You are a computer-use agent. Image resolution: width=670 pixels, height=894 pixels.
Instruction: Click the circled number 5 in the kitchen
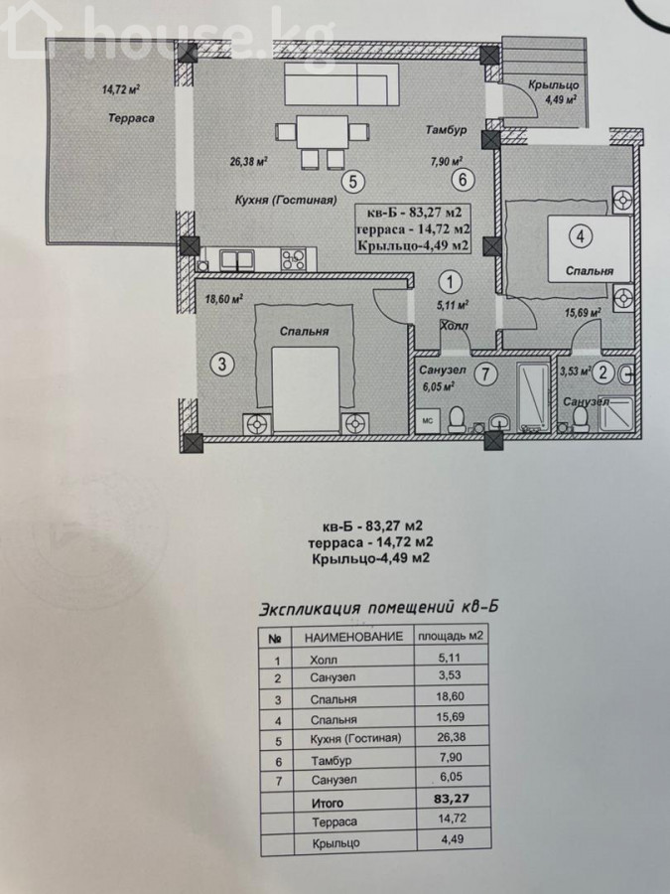pyautogui.click(x=352, y=182)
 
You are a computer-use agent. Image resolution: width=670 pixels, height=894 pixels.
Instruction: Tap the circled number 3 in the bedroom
pyautogui.click(x=224, y=365)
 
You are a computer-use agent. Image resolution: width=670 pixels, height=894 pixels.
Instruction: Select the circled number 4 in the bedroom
pyautogui.click(x=581, y=236)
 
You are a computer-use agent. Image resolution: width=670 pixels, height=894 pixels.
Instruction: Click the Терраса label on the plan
pyautogui.click(x=128, y=117)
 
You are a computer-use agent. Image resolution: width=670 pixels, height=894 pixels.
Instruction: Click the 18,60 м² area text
pyautogui.click(x=223, y=297)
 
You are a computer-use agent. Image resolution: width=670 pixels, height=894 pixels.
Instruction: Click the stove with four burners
pyautogui.click(x=294, y=260)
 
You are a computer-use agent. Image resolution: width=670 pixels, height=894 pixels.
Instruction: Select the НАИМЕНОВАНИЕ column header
pyautogui.click(x=352, y=637)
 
